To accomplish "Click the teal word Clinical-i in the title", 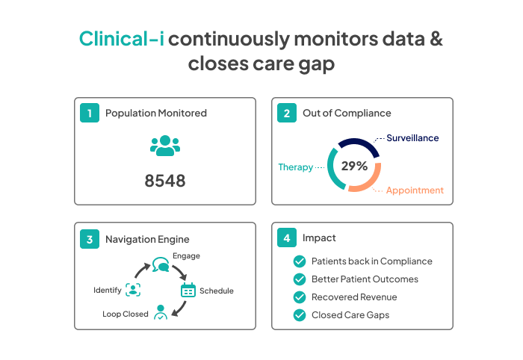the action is pos(121,39).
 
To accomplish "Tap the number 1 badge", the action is pos(90,113).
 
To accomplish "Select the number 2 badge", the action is pos(287,113).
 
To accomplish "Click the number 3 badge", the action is pos(90,239).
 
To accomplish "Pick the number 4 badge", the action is pos(287,238).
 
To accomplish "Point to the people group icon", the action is pos(165,146).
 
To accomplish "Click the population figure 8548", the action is pos(165,181).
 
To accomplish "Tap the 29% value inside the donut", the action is pos(354,166).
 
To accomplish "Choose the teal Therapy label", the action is pos(296,167).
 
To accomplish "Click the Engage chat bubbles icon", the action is pos(161,264).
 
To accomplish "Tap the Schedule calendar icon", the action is pos(188,290).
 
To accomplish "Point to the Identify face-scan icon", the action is pos(133,290).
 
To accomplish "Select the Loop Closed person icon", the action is pos(161,312).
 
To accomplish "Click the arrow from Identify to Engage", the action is pos(140,270).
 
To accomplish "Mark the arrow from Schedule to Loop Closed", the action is pos(180,309).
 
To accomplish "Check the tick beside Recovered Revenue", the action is pos(300,297).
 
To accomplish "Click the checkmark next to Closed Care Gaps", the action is pos(300,315).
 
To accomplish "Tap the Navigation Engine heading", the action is pos(147,239).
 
